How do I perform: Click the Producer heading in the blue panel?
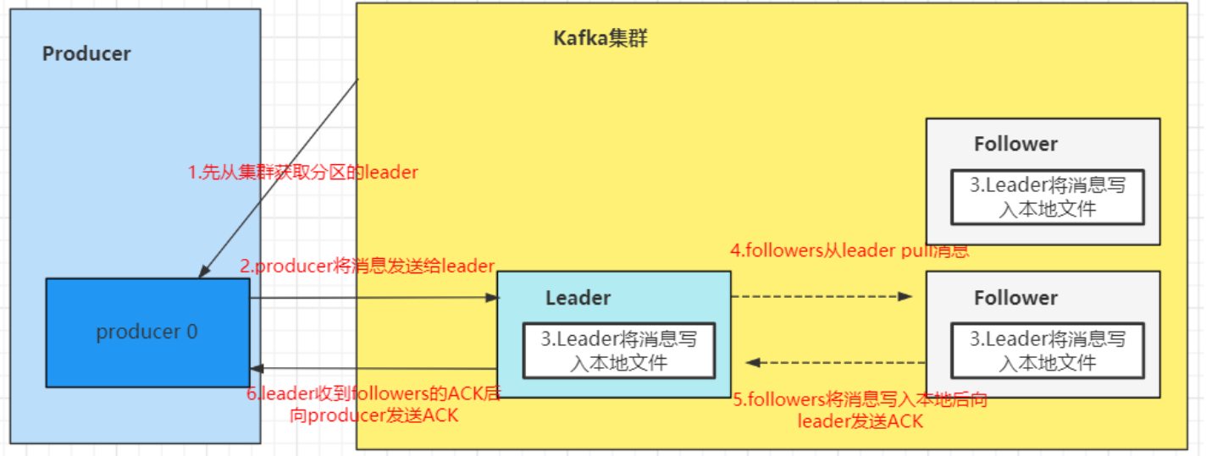[86, 54]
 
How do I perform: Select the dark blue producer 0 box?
[147, 332]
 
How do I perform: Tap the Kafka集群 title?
[600, 38]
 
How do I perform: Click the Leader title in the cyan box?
[578, 298]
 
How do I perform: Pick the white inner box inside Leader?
[619, 351]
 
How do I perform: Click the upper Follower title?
[1015, 144]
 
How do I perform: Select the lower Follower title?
[1015, 298]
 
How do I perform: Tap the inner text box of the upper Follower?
[1048, 197]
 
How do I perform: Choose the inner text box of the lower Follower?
[1048, 351]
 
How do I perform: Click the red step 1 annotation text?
[303, 173]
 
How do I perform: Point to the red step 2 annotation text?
[367, 266]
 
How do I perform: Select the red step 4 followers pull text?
[849, 250]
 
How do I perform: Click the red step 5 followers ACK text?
[860, 409]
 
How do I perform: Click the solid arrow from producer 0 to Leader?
[373, 298]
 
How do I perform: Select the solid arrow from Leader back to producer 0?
[373, 368]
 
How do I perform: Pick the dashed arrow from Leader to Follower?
[822, 296]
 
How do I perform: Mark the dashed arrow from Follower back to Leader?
[834, 362]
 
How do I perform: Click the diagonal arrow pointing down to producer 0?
[279, 178]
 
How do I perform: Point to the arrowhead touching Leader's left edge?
[490, 298]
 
